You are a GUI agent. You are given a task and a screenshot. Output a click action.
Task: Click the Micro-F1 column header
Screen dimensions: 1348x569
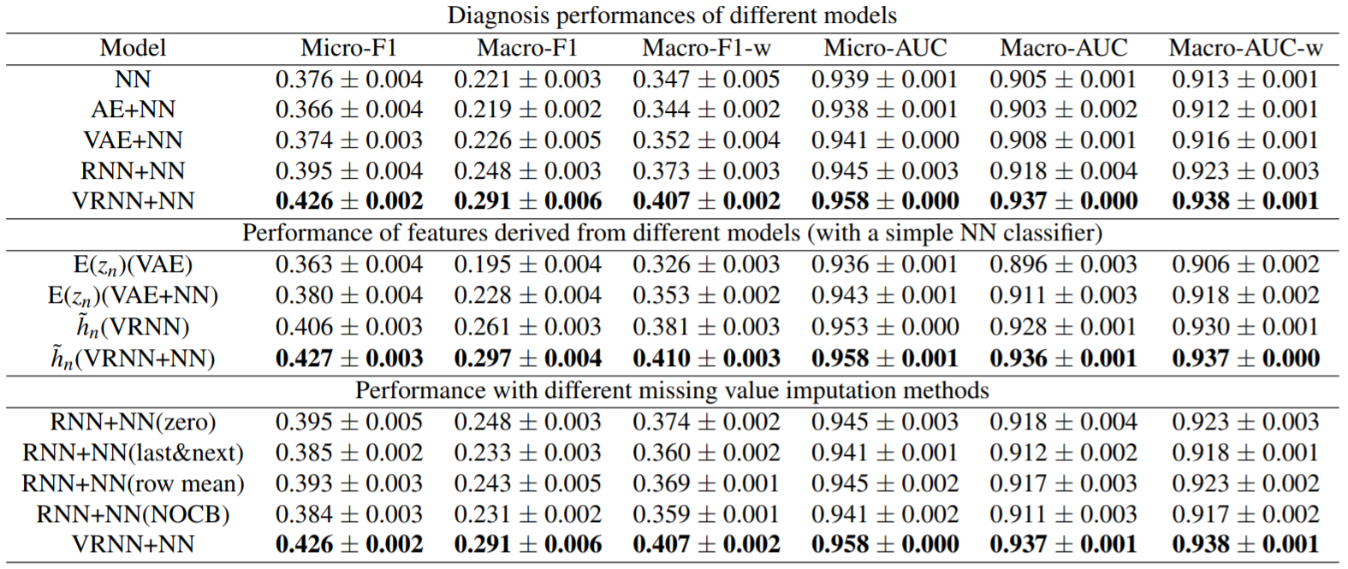point(349,48)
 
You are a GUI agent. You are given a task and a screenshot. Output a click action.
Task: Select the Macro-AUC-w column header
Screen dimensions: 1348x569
point(1245,48)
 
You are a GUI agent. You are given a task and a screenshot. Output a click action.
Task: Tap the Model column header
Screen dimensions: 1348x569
point(133,48)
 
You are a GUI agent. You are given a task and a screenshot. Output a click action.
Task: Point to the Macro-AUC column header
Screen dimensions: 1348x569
point(1064,48)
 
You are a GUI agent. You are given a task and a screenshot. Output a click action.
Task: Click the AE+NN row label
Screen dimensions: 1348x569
point(133,110)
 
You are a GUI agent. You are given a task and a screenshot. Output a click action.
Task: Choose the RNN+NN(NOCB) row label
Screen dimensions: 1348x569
point(133,514)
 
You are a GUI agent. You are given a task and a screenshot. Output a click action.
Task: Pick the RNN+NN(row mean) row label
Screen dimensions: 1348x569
point(133,483)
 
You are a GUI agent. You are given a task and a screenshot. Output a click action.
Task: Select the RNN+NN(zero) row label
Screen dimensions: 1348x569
point(133,422)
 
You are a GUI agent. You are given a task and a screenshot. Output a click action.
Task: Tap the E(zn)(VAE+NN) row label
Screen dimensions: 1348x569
point(133,296)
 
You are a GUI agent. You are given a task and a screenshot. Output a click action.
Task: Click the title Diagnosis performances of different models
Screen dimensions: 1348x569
point(672,15)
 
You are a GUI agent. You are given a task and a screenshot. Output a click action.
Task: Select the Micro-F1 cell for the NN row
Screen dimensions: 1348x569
point(349,80)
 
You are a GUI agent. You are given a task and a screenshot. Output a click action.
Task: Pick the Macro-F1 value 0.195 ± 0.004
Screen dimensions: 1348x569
point(527,264)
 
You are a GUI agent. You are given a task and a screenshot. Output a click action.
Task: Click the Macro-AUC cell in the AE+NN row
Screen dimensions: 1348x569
point(1064,110)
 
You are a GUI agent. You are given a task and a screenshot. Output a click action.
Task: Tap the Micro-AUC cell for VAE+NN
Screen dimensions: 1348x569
point(885,140)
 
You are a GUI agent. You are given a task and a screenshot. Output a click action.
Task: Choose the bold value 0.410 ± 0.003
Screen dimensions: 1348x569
point(706,359)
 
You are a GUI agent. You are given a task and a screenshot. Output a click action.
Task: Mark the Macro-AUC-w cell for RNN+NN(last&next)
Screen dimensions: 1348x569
point(1245,453)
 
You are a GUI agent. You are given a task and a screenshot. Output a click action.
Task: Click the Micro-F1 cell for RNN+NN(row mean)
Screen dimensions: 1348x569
point(349,483)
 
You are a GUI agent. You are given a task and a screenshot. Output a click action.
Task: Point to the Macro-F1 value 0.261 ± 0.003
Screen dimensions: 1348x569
point(527,327)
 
